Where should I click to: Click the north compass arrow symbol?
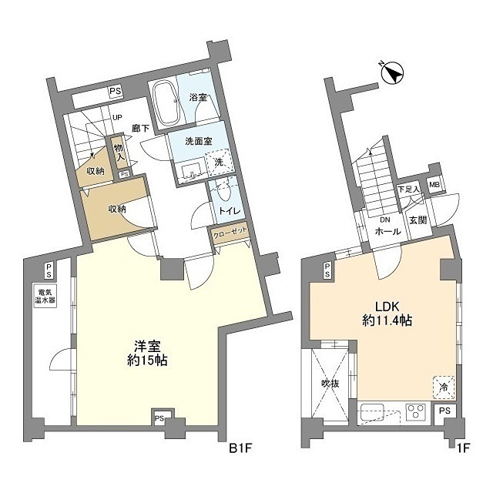[392, 73]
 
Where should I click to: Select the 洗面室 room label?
[199, 142]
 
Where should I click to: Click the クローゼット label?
[230, 233]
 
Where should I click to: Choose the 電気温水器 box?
[45, 296]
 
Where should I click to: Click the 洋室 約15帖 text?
[147, 354]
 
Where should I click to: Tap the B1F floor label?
[240, 448]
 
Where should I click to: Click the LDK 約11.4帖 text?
[387, 314]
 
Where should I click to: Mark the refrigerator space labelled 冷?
[444, 387]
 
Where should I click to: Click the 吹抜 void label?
[330, 384]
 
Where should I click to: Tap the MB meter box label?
[434, 185]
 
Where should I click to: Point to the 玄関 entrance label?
[418, 221]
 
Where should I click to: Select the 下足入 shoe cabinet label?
[408, 189]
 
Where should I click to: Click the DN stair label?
[384, 220]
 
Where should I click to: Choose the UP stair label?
[117, 118]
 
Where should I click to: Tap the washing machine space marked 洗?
[218, 163]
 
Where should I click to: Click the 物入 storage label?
[119, 153]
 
